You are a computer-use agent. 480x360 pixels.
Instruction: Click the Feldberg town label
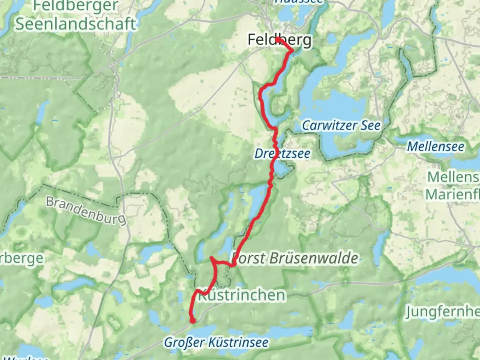coord(280,40)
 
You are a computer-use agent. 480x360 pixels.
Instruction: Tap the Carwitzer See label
coord(341,126)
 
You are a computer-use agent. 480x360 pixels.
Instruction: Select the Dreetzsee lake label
coord(282,154)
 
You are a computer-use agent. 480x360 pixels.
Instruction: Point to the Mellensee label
coord(436,146)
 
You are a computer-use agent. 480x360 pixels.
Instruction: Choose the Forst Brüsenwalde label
coord(295,258)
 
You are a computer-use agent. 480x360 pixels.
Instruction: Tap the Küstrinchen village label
coord(242,295)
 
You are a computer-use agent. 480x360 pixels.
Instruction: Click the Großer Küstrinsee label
coord(216,342)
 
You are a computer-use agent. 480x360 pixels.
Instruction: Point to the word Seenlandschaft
coord(76,24)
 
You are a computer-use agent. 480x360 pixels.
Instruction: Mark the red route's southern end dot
coord(193,321)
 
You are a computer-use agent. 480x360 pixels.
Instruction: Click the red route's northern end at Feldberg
coord(277,40)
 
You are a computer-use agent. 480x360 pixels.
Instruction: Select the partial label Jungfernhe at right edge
coord(442,312)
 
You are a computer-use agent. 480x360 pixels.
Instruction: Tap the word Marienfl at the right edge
coord(452,194)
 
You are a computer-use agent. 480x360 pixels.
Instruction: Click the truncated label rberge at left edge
coord(22,258)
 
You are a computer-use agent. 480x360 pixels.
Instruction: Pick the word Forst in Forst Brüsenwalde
coord(249,258)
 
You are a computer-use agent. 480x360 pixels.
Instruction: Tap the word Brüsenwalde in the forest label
coord(314,258)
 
